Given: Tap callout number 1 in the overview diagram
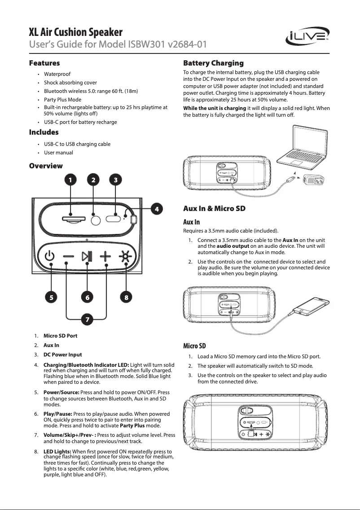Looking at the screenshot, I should pyautogui.click(x=70, y=180).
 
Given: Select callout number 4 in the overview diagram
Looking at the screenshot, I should pyautogui.click(x=156, y=209).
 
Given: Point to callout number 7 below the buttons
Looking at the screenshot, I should pyautogui.click(x=87, y=320).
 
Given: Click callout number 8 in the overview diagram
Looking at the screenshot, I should pyautogui.click(x=127, y=297).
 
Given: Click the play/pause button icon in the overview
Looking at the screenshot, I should pyautogui.click(x=87, y=256).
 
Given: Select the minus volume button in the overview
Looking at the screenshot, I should pyautogui.click(x=68, y=256).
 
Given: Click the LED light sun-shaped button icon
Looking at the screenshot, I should pyautogui.click(x=125, y=256).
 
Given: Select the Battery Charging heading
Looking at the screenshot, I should pyautogui.click(x=213, y=63).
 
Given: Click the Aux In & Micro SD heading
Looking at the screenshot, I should pyautogui.click(x=214, y=208).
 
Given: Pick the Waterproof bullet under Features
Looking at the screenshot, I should pyautogui.click(x=57, y=74).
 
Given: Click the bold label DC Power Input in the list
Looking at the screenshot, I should pyautogui.click(x=62, y=355).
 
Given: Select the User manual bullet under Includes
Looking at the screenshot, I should pyautogui.click(x=58, y=153).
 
